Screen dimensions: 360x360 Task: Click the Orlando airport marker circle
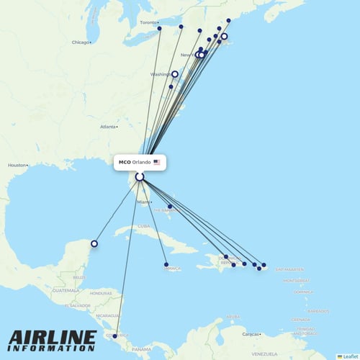140,176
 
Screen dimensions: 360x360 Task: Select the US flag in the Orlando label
156,163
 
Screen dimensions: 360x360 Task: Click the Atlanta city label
108,127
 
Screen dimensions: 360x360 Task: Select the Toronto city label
148,23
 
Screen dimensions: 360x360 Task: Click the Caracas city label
252,335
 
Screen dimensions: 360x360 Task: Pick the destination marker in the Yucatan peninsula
94,243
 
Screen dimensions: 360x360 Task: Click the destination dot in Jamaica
166,264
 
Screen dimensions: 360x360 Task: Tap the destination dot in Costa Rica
115,336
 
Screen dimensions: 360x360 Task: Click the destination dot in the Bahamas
169,207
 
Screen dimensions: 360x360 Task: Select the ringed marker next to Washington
174,73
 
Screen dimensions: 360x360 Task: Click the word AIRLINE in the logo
52,337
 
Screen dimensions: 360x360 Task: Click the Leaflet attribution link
350,356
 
